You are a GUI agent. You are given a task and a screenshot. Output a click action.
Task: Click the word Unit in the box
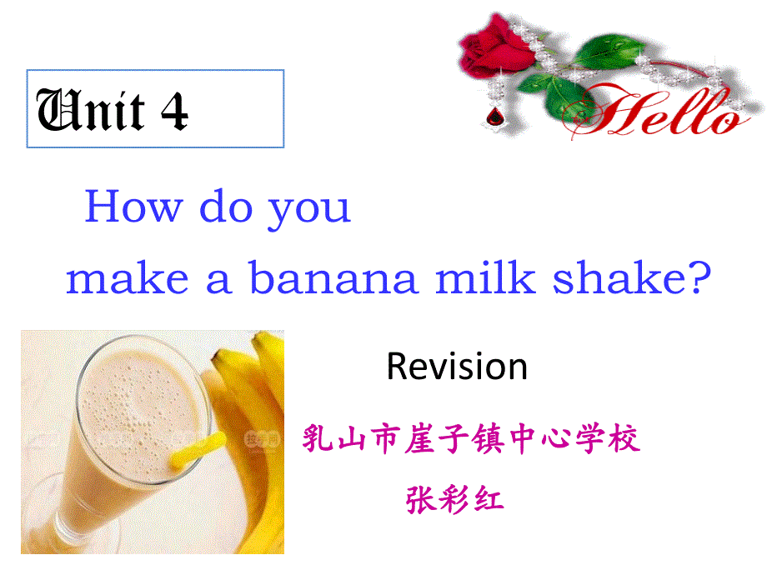tap(91, 110)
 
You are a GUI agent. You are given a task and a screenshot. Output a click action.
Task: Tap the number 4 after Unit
tap(174, 111)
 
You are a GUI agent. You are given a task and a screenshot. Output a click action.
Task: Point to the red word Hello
tap(655, 112)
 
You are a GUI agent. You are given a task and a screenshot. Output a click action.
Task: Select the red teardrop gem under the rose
tap(494, 117)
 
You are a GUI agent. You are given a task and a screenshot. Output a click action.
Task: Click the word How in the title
tap(134, 207)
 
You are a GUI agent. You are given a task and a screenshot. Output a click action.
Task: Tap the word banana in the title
tap(333, 277)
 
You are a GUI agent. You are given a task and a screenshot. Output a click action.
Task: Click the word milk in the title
tap(484, 277)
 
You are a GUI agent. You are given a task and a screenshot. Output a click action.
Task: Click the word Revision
tap(457, 366)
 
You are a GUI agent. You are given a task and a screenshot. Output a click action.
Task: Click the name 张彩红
tap(455, 500)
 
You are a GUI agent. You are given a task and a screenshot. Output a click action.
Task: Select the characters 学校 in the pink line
tap(608, 437)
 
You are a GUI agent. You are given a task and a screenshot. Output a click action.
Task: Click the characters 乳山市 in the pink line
tap(350, 437)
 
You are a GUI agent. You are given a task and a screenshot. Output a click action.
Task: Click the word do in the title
tap(226, 207)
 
